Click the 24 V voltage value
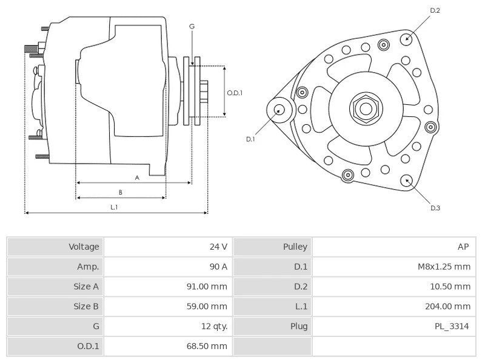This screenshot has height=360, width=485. (x=218, y=247)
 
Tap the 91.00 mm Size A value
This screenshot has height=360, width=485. (x=207, y=287)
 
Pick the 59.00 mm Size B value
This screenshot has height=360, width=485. (x=207, y=306)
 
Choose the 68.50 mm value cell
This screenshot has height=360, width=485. (x=207, y=346)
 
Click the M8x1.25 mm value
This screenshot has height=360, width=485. (x=444, y=267)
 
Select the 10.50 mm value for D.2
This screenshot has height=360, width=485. (x=450, y=287)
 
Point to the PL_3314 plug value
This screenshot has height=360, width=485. (x=451, y=326)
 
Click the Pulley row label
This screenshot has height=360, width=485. (x=295, y=247)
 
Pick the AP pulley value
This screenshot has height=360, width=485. (x=463, y=247)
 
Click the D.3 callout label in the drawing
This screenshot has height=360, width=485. (x=435, y=208)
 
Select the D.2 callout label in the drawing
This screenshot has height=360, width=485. (x=435, y=10)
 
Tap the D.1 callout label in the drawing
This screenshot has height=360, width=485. (x=250, y=139)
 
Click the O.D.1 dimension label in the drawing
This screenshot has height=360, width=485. (x=235, y=93)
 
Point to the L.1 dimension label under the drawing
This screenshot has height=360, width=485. (x=114, y=207)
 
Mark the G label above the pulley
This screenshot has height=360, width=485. (x=192, y=27)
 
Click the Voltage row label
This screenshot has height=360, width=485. (x=84, y=247)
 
